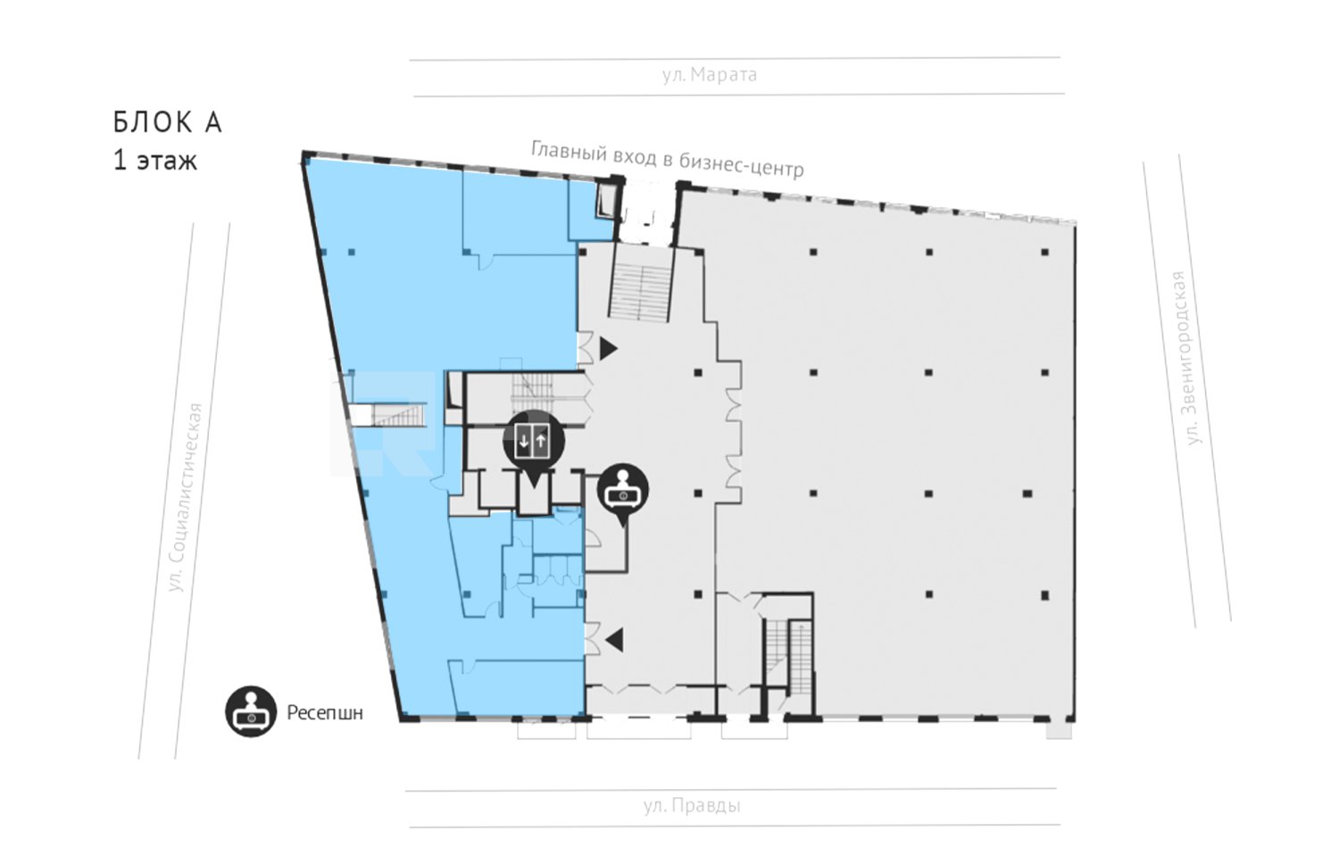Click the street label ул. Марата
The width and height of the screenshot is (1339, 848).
pos(709,75)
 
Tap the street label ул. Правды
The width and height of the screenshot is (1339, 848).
pos(692,805)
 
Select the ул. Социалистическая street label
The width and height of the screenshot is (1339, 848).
pos(186,498)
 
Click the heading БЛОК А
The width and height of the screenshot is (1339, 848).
pos(168,122)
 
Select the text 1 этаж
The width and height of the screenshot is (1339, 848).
pos(154,161)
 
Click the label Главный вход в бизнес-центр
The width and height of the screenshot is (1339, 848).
pos(667,158)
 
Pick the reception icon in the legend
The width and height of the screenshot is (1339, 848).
pos(251,711)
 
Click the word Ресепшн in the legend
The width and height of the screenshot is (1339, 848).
pos(325,713)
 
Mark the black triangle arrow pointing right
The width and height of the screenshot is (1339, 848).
pos(608,348)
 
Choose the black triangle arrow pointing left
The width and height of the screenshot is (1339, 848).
pos(614,640)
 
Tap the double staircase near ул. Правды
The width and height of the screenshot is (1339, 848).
pos(788,657)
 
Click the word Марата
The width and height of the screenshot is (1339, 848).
pos(724,75)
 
